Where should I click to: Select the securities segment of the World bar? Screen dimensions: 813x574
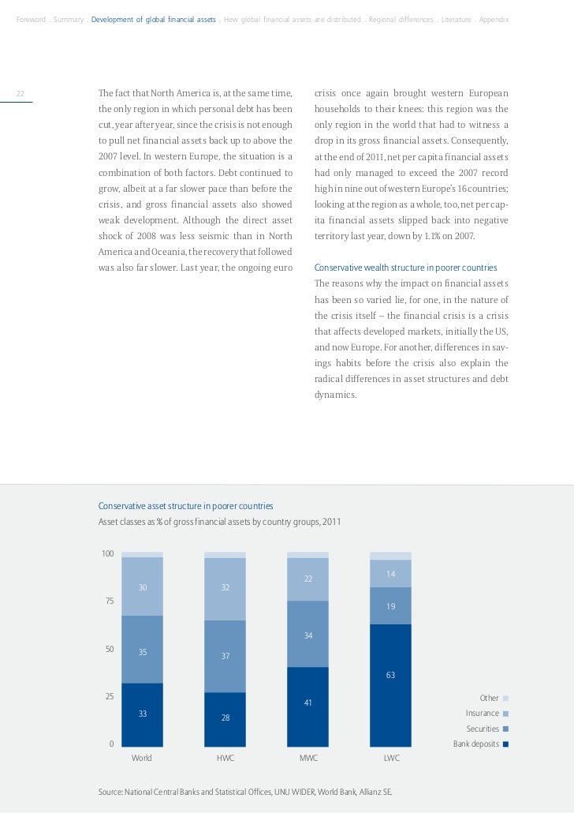(142, 649)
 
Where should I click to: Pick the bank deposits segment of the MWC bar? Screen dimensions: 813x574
(307, 706)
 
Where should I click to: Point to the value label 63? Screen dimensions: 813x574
(390, 675)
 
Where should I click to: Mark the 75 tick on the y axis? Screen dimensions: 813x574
(108, 601)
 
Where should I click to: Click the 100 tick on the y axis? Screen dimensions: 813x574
(107, 553)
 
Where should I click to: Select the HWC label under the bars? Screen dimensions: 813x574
(225, 758)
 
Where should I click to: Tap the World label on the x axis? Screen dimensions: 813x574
(142, 758)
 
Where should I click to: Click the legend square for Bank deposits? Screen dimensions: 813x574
(505, 744)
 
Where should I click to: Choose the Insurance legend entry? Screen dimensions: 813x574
(483, 714)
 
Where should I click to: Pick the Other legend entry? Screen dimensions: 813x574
(490, 699)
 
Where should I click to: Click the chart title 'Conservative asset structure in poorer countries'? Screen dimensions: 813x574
(185, 505)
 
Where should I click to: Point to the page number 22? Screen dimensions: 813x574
(20, 94)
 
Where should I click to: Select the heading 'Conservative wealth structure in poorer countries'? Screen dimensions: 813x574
(406, 268)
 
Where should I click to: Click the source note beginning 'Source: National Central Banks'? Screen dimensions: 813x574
(244, 791)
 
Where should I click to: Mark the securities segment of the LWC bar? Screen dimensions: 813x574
(390, 605)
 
